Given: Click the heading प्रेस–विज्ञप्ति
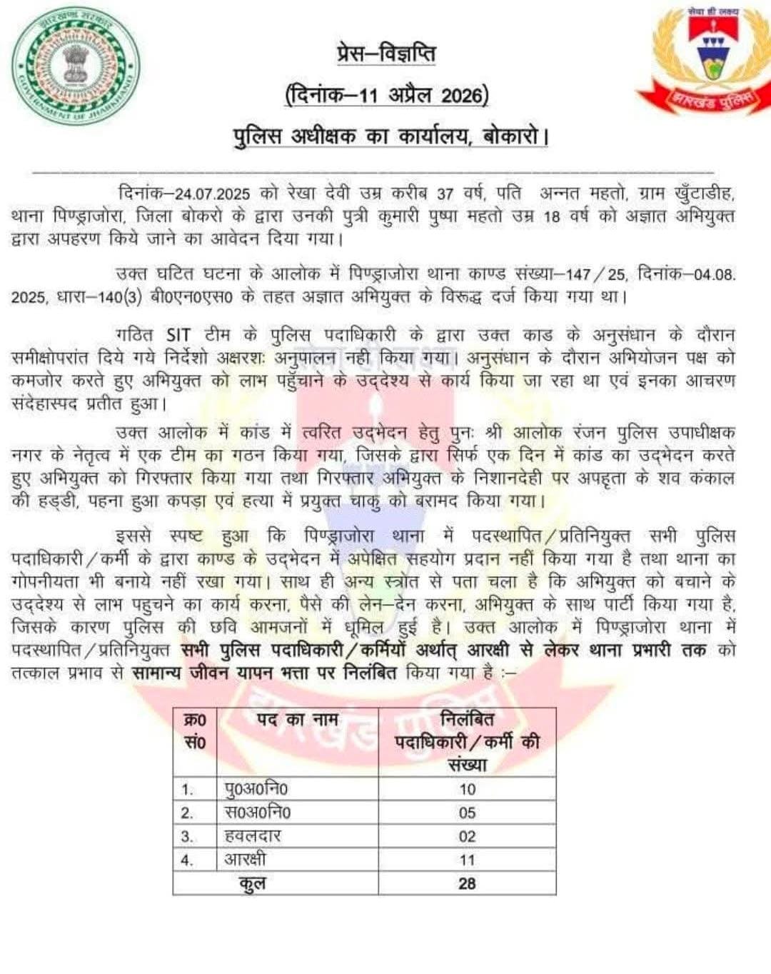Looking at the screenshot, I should click(x=386, y=54).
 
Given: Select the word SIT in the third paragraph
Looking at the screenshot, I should click(x=178, y=335).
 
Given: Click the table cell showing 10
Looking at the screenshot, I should click(x=467, y=789).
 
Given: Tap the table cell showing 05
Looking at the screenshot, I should click(x=467, y=813).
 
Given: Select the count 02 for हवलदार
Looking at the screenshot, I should click(x=467, y=836).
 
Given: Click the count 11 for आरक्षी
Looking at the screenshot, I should click(x=467, y=860).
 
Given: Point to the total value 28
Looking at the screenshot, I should click(x=467, y=883).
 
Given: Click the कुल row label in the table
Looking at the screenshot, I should click(x=253, y=884).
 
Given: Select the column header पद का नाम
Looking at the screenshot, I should click(x=297, y=720).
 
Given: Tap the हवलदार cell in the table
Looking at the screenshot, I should click(x=253, y=836).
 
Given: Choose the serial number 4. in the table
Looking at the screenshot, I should click(x=187, y=860).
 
